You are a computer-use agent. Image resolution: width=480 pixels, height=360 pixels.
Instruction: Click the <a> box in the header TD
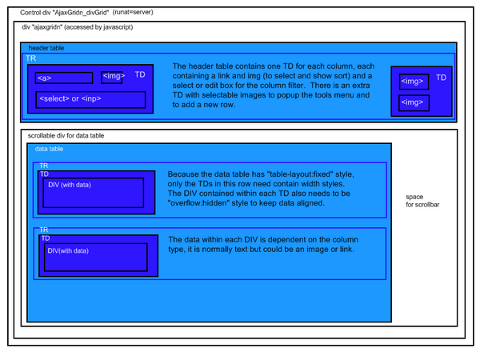point(64,78)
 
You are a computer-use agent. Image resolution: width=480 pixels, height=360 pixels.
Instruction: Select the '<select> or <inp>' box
point(90,100)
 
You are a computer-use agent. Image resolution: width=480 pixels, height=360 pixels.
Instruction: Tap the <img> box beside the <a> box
point(112,78)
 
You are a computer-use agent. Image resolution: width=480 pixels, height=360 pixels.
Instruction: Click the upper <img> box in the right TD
point(414,82)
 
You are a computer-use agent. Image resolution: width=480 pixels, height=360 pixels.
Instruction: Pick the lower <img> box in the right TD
point(414,103)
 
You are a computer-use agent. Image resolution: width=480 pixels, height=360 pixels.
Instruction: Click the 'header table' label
point(46,48)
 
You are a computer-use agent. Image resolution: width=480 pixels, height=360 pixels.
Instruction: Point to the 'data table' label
point(49,149)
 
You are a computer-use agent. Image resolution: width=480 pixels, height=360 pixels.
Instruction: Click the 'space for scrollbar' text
point(422,201)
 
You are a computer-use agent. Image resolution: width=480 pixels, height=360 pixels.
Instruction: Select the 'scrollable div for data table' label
point(66,136)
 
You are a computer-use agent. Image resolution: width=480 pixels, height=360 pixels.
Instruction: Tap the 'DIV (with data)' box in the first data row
point(94,193)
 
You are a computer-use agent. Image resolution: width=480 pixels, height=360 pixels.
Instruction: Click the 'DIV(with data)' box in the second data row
point(96,258)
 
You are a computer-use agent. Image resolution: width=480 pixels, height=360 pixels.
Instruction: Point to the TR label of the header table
point(31,58)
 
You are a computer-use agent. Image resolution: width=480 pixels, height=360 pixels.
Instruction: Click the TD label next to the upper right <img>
point(441,78)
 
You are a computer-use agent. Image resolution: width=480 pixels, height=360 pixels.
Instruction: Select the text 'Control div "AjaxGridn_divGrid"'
point(65,13)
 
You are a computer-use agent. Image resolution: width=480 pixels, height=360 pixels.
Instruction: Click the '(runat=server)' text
point(133,12)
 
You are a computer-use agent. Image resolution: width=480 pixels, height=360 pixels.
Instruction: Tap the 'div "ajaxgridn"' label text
point(42,27)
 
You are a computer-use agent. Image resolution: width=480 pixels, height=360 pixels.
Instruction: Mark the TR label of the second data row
point(44,230)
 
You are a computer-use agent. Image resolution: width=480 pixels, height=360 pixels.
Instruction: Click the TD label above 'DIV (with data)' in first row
point(44,174)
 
